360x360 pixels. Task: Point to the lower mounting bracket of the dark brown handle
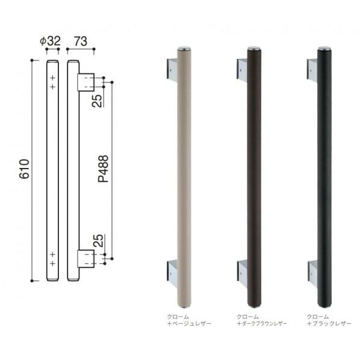click(241, 269)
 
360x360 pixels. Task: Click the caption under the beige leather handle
click(187, 320)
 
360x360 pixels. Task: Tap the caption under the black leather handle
click(329, 320)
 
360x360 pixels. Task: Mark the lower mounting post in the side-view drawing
click(86, 258)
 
